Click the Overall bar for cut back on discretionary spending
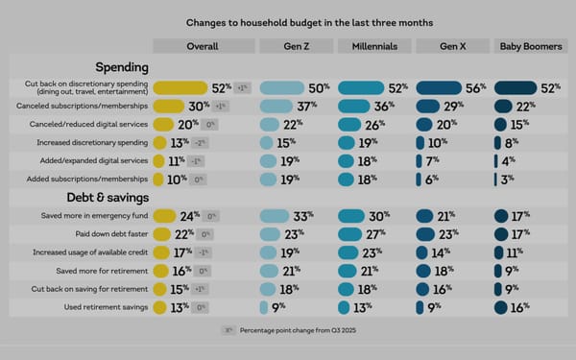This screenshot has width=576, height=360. click(180, 87)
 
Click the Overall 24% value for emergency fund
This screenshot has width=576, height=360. click(189, 216)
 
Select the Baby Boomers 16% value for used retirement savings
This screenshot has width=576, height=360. click(520, 307)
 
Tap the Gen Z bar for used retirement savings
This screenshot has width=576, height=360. click(263, 307)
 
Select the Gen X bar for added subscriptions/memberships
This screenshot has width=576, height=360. click(419, 179)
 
